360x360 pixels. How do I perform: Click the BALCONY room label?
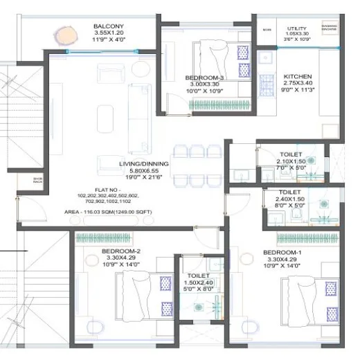coord(109,26)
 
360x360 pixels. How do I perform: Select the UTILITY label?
coord(297,28)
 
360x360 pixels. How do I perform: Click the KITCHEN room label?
coord(298,76)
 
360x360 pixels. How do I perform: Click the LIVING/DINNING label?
coord(138,164)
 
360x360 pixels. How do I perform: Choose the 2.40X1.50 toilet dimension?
coord(289,199)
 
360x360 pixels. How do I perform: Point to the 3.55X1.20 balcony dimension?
coord(109,33)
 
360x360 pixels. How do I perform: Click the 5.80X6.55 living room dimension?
coord(138,171)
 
